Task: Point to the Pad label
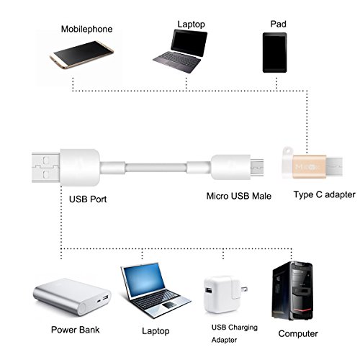coord(277,23)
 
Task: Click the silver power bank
coord(73,299)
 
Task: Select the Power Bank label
coord(76,330)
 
